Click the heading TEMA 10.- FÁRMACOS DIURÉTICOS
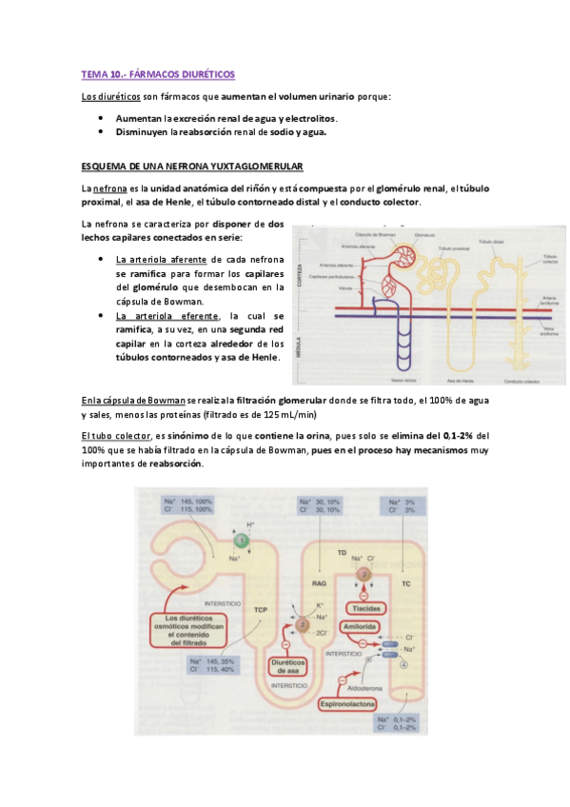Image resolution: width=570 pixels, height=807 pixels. pyautogui.click(x=157, y=73)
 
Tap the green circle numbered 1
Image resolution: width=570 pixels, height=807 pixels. pyautogui.click(x=242, y=540)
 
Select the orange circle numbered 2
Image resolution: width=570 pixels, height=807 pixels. pyautogui.click(x=300, y=625)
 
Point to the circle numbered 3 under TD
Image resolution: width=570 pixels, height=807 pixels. pyautogui.click(x=363, y=573)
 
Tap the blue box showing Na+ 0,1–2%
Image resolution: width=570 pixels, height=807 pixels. pyautogui.click(x=395, y=724)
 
